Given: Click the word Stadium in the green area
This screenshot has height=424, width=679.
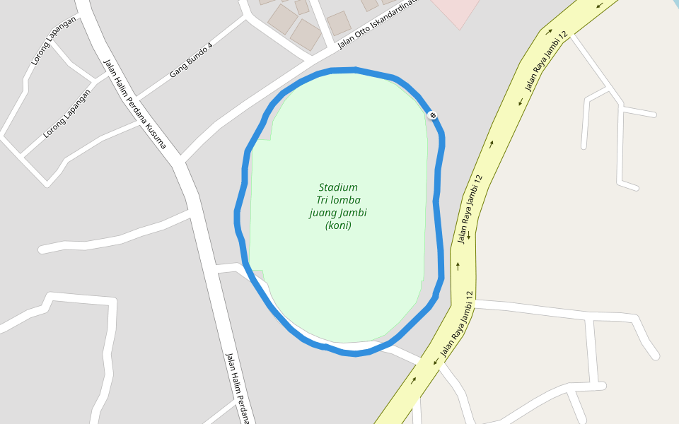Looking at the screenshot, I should tap(338, 187).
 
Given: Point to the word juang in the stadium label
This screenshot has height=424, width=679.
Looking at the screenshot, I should tap(323, 213).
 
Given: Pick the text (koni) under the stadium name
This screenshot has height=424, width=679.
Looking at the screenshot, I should tap(338, 225).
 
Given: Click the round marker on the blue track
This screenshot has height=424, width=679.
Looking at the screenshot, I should tap(432, 114).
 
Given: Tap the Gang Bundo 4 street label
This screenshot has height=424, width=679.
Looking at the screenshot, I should tap(191, 60).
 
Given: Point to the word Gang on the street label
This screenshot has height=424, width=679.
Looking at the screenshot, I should tap(177, 71).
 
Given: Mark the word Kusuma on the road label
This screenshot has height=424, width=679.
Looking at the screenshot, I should tap(156, 137).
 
